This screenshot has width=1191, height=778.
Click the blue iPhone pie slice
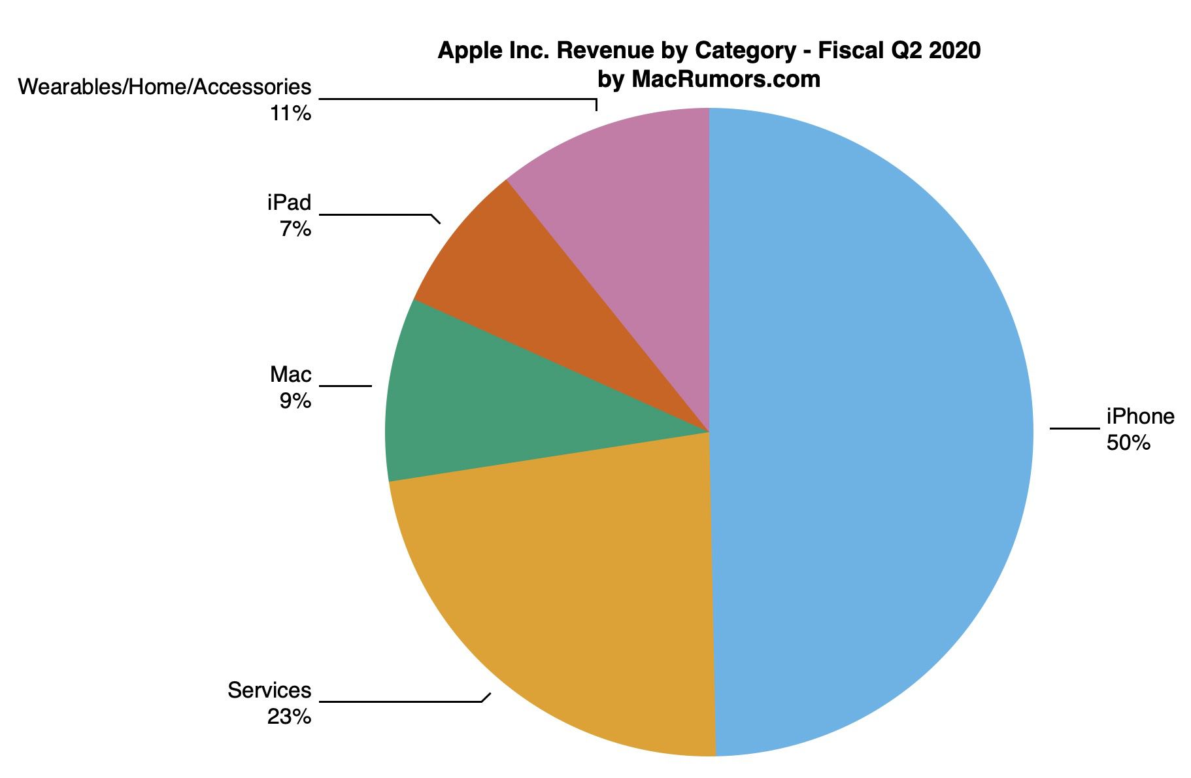869,431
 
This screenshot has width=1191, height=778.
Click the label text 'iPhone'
1140,416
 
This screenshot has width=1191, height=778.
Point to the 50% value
1128,443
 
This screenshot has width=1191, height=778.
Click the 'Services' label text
269,690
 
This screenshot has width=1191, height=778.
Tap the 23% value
288,717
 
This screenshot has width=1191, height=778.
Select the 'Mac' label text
291,375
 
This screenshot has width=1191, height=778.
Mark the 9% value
295,401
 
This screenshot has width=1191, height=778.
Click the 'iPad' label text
289,203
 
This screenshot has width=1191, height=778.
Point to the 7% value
295,229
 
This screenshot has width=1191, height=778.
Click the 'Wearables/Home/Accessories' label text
165,87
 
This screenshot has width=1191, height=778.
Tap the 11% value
290,114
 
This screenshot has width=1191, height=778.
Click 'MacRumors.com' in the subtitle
726,80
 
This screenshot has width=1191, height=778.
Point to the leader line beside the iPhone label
1075,429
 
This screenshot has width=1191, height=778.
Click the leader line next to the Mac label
345,386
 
